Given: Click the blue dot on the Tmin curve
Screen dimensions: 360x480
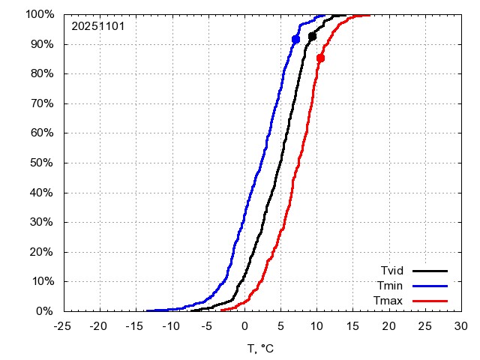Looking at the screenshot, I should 295,39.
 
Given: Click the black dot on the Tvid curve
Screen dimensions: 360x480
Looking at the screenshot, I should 312,36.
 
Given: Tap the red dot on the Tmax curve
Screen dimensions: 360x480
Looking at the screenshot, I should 320,58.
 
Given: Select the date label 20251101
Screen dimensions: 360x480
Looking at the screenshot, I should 97,26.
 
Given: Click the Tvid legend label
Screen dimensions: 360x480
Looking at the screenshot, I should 391,271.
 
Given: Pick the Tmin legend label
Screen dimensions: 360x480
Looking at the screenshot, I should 391,286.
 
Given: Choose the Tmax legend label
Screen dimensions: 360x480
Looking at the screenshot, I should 390,301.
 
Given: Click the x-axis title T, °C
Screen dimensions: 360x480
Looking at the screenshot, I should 262,348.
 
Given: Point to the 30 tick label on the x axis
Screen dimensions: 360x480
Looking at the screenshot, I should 460,326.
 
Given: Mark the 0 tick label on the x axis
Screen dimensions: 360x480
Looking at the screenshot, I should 244,326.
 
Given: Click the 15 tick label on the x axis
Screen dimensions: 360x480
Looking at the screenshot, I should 352,326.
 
